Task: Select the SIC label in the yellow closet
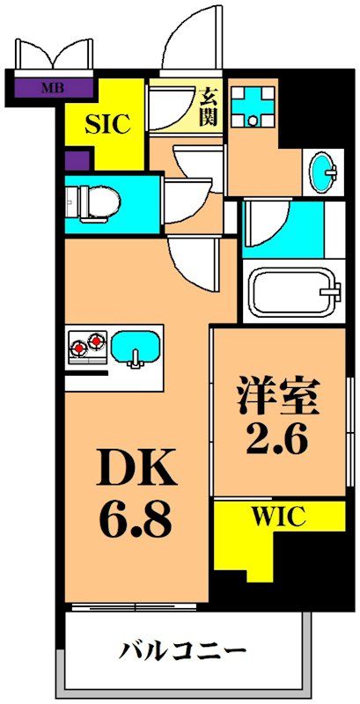tap(107, 124)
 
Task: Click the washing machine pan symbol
tap(253, 106)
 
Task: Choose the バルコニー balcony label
tap(181, 652)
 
